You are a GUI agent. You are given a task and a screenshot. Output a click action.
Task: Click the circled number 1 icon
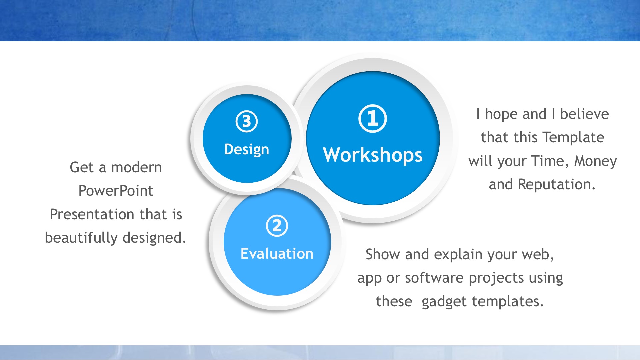[373, 119]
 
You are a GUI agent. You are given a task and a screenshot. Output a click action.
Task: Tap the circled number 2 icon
[277, 226]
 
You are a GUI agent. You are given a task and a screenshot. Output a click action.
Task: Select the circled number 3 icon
[247, 121]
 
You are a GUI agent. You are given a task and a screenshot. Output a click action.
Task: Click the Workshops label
[373, 155]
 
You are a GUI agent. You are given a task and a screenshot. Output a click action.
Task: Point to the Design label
[247, 150]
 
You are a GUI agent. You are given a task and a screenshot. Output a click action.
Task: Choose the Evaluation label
[277, 254]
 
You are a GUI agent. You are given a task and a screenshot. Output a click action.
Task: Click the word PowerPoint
[116, 191]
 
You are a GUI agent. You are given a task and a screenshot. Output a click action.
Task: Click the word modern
[136, 167]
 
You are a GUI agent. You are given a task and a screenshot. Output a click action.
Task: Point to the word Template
[573, 138]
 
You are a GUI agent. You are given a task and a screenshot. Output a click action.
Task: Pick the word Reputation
[556, 185]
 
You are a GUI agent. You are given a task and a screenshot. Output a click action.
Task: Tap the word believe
[584, 114]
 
